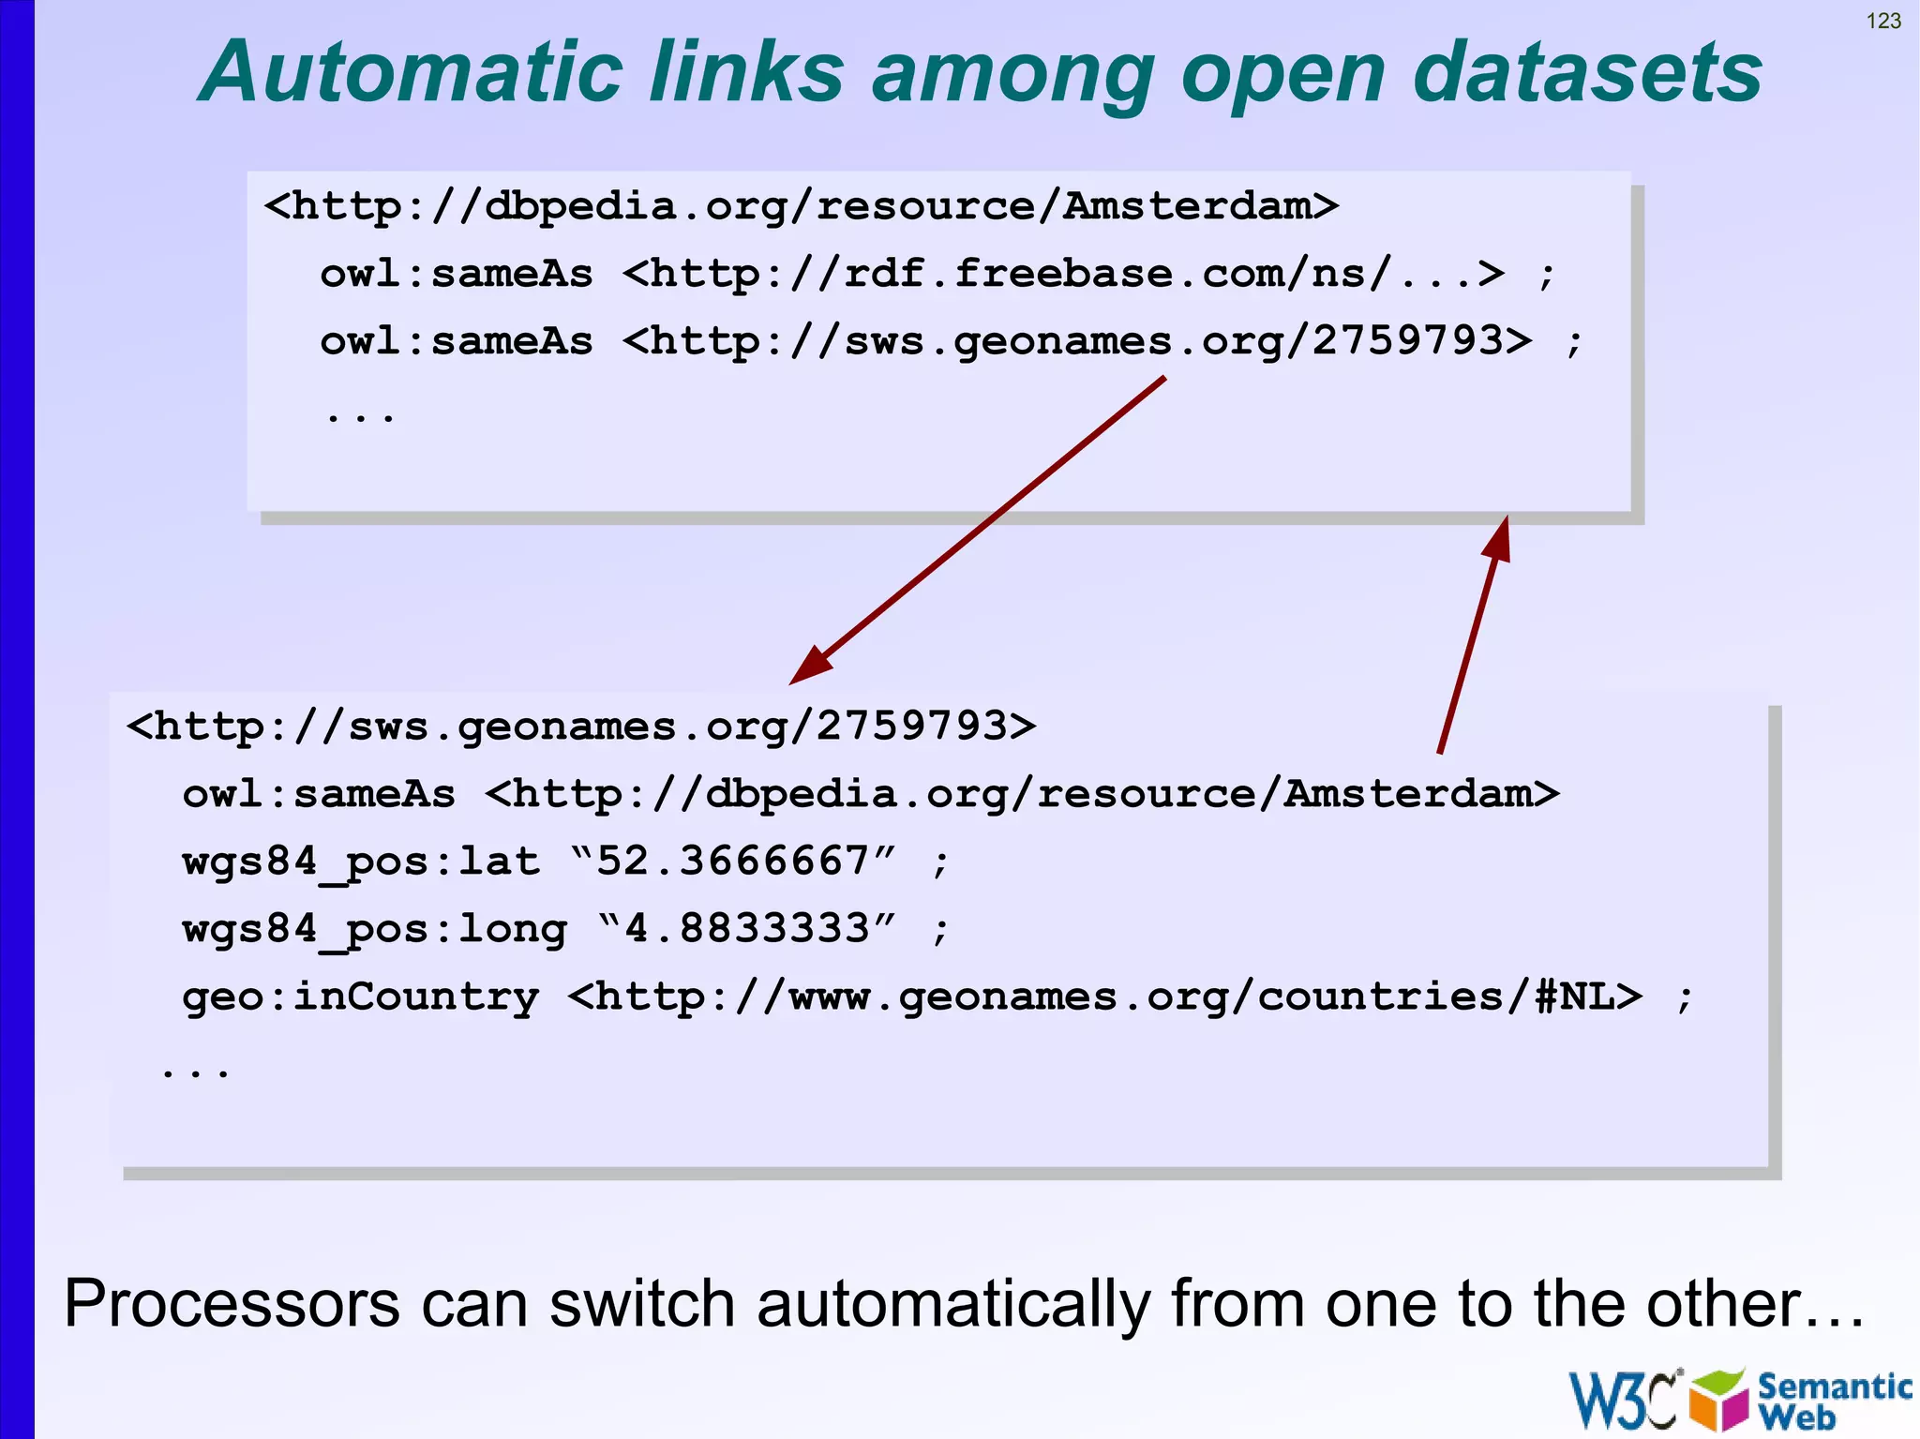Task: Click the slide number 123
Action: [x=1883, y=21]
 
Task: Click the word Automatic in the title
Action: [x=412, y=72]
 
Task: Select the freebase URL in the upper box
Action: [x=1063, y=274]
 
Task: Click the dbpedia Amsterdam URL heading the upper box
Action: [x=802, y=206]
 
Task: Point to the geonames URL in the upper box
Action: [x=1077, y=341]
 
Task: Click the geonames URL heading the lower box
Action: [x=581, y=727]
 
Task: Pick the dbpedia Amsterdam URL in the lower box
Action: [x=1022, y=794]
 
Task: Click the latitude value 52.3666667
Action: [x=733, y=861]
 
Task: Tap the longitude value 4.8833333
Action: [x=747, y=928]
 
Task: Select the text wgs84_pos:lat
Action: [x=361, y=862]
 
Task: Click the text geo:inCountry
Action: [x=361, y=996]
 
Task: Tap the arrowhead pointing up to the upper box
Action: [x=1498, y=538]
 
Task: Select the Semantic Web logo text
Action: [x=1833, y=1400]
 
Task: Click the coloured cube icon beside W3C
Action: [x=1717, y=1400]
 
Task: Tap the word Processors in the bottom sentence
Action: [x=232, y=1304]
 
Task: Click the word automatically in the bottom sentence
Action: [x=952, y=1304]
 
